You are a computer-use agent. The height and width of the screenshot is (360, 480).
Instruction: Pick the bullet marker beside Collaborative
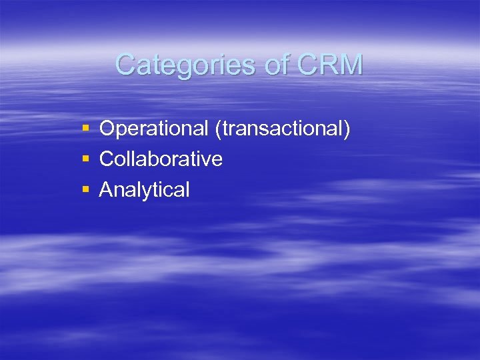[85, 159]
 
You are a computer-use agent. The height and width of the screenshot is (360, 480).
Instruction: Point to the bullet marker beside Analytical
[85, 189]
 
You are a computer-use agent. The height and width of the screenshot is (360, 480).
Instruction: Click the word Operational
[155, 128]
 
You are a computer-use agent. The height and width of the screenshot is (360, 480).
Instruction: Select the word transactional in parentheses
[282, 128]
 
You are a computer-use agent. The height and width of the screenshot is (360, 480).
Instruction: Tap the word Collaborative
[161, 159]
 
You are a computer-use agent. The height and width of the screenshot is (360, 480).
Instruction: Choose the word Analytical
[145, 189]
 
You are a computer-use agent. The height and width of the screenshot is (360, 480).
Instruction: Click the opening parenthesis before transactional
[219, 129]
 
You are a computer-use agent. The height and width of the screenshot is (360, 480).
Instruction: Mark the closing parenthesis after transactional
[346, 129]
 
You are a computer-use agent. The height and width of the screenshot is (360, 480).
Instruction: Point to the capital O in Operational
[107, 128]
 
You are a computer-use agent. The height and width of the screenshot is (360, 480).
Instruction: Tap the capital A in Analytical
[106, 189]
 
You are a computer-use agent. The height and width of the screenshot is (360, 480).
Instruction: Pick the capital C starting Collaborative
[107, 159]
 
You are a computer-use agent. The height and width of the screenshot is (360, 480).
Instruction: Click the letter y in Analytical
[153, 192]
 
